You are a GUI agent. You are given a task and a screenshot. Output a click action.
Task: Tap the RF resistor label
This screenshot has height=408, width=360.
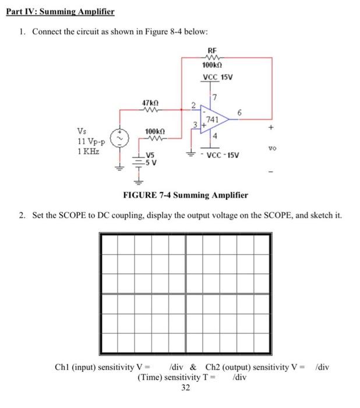(212, 51)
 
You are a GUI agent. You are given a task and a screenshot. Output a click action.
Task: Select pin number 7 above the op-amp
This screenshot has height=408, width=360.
(215, 96)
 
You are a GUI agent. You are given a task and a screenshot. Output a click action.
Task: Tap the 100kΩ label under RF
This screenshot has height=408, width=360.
(211, 66)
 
